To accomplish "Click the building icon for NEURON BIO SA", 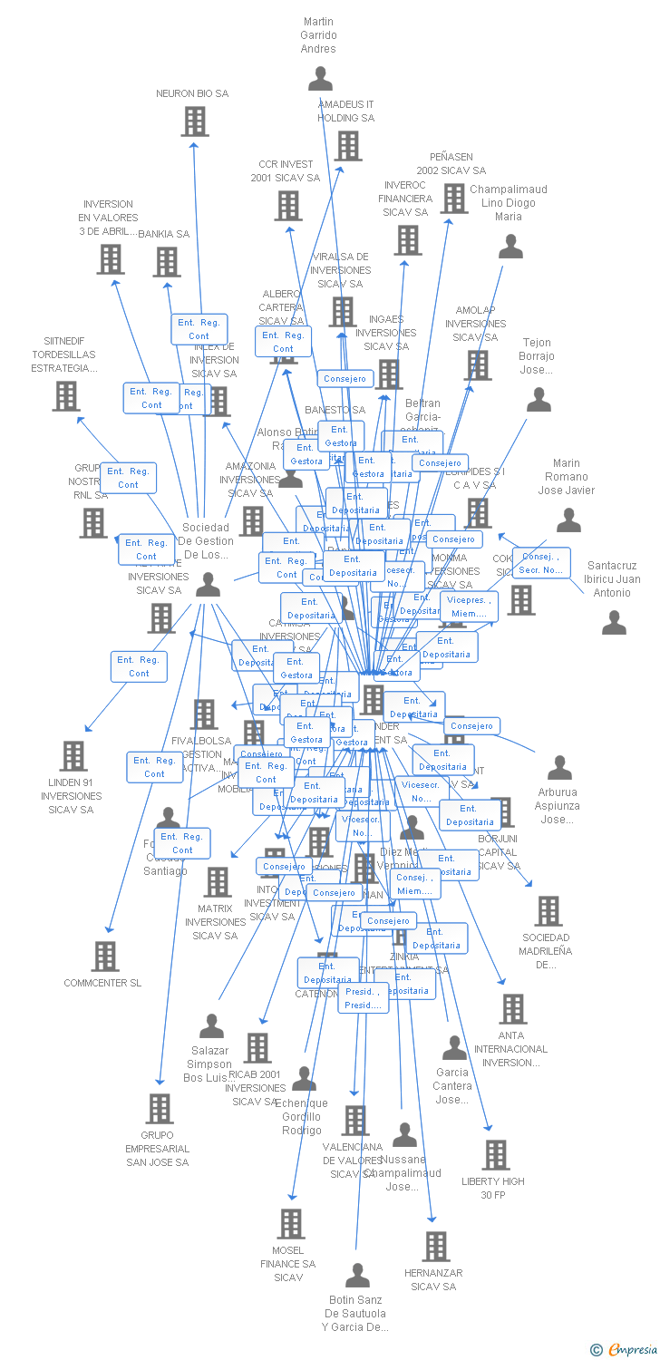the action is coord(195,121).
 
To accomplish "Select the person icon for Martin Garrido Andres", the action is coord(320,80).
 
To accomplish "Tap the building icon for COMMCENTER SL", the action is coord(105,957).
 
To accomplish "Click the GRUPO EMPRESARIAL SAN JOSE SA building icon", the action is coord(160,1109).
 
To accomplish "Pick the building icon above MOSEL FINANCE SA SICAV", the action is coord(290,1224).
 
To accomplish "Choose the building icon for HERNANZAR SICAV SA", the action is coord(436,1247).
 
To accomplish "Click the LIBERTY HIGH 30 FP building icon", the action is coord(495,1155).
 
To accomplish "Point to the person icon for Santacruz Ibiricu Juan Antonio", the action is coord(615,623).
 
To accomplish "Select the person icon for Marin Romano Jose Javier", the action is coord(568,520).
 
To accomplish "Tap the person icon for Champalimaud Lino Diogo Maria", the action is coord(511,247).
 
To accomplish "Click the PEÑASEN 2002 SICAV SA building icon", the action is coord(453,199).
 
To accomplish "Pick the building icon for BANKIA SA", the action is coord(167,263).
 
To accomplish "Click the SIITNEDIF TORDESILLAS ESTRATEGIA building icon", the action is coord(65,396).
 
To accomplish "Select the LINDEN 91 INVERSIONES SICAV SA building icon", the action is coord(73,756).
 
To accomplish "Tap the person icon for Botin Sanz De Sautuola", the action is coord(357,1276).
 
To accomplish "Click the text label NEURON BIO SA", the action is coord(192,94).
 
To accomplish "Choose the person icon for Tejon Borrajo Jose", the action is coord(539,400).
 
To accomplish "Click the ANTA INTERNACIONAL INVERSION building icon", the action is coord(512,1009).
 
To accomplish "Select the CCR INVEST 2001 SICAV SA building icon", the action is coord(288,207).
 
